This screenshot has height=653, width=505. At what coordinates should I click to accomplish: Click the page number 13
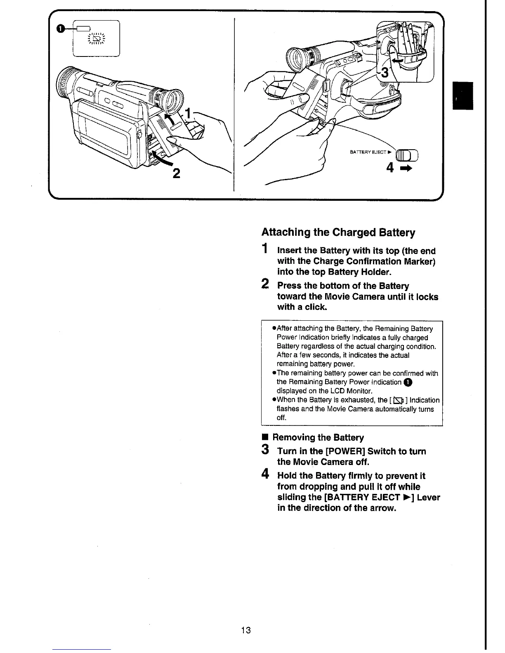[x=246, y=630]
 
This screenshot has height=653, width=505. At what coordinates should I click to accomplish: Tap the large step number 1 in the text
[x=266, y=249]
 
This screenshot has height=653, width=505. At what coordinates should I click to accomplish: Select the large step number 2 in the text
[x=266, y=284]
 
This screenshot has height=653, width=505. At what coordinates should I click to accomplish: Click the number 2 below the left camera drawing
[x=176, y=174]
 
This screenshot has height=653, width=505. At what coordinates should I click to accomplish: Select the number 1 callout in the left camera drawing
[x=188, y=113]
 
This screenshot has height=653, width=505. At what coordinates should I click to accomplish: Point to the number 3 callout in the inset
[x=385, y=73]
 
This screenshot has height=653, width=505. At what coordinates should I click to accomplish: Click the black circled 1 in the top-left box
[x=60, y=28]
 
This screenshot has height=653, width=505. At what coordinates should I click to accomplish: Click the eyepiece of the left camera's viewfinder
[x=172, y=100]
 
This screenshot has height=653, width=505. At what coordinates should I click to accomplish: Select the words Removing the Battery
[x=318, y=437]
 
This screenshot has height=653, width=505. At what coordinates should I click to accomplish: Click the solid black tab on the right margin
[x=463, y=96]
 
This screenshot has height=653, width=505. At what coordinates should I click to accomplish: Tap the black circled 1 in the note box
[x=408, y=382]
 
